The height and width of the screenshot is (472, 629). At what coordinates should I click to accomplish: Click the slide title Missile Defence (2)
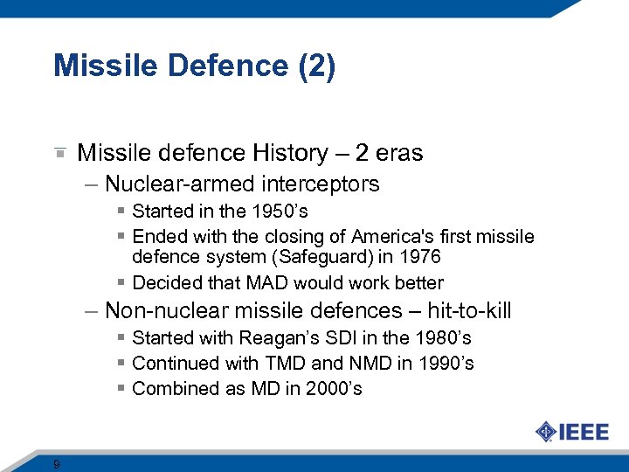[194, 66]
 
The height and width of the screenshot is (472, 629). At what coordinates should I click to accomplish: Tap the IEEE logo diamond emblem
[546, 432]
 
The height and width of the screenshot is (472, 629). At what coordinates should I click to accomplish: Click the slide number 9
[56, 464]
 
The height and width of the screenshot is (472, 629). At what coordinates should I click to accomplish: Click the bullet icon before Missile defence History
[59, 154]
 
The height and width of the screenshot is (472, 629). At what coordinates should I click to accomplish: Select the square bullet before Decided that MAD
[121, 283]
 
